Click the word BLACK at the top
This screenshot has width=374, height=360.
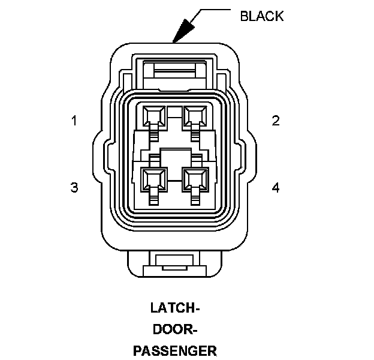click(261, 16)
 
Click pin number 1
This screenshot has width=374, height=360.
click(74, 121)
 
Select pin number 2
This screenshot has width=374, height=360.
click(276, 121)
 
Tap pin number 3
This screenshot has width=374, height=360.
click(74, 188)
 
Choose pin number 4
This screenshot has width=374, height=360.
click(276, 188)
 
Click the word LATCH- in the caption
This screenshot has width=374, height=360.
click(174, 310)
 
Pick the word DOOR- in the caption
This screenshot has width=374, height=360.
click(174, 329)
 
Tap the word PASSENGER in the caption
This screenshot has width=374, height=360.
click(174, 350)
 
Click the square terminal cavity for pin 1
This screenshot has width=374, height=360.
click(154, 115)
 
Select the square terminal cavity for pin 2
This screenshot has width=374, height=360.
click(195, 115)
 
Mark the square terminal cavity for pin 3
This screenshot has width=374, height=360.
click(154, 178)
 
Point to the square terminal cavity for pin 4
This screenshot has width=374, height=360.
click(195, 178)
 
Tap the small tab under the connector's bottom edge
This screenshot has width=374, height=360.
click(174, 262)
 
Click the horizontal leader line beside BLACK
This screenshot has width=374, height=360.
click(216, 10)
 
